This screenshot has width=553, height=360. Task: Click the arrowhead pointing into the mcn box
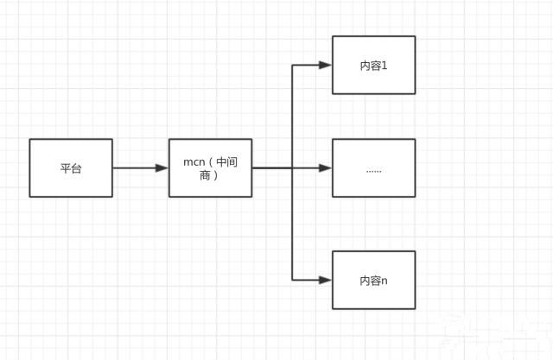coord(162,168)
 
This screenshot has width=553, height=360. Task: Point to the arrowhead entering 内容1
coord(325,65)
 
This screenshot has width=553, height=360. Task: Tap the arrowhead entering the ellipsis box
coord(325,168)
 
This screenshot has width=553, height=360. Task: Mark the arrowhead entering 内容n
coord(325,280)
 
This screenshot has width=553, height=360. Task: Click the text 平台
coord(71,168)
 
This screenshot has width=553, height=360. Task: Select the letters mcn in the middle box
coord(194,162)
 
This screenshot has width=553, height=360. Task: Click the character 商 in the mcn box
coord(205,175)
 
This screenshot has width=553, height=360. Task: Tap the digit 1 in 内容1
coord(385,66)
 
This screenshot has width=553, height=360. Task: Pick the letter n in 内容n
coord(385,281)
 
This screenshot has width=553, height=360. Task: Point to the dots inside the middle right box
coord(374,172)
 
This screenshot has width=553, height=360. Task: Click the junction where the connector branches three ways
coord(292,168)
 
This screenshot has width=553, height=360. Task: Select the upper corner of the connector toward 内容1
coord(292,65)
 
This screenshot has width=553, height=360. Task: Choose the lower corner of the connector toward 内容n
coord(292,280)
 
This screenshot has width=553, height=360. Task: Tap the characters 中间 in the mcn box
coord(226,162)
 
